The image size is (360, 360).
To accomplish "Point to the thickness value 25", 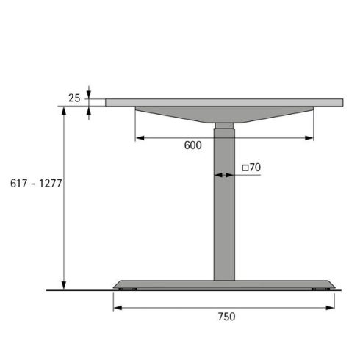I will coord(74,98).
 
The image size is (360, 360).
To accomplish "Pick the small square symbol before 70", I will coord(245,168).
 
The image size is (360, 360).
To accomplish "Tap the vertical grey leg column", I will coord(224,220).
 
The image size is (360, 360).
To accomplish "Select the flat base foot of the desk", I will coord(224,284).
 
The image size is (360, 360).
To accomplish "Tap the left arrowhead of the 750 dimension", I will coord(117,307).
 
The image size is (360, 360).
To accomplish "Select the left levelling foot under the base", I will coord(131,292).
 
